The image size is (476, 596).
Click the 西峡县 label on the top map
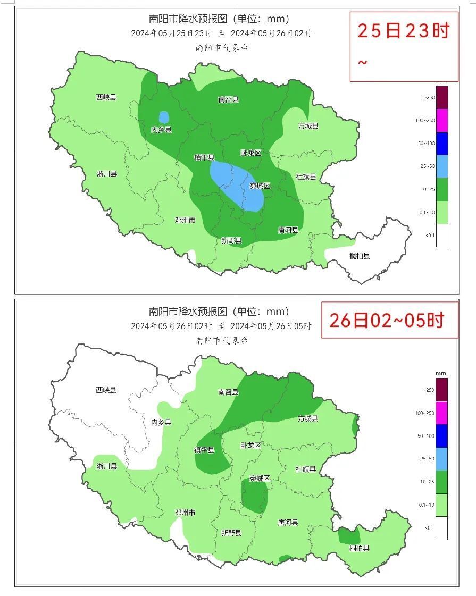[x=106, y=97]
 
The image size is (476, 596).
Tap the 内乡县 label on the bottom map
[x=161, y=422]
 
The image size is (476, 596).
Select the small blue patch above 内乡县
[x=164, y=117]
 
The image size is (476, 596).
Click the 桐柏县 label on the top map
[x=360, y=256]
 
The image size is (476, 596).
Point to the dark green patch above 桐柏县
[x=349, y=535]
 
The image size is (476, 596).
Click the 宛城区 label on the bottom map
[x=260, y=479]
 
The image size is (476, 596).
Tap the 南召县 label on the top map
[x=229, y=99]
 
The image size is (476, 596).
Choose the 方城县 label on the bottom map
[x=307, y=418]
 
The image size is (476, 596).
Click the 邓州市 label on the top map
[x=185, y=220]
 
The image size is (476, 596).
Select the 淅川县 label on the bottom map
[x=106, y=466]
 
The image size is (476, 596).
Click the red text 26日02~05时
[x=387, y=320]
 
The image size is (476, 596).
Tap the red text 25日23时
[x=403, y=31]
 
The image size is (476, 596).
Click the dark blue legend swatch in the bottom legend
[x=441, y=435]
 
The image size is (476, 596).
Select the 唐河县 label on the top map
[x=288, y=230]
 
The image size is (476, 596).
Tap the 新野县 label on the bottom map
[x=231, y=533]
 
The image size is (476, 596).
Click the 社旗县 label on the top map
[x=306, y=177]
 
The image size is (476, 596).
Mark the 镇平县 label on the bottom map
[x=204, y=450]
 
